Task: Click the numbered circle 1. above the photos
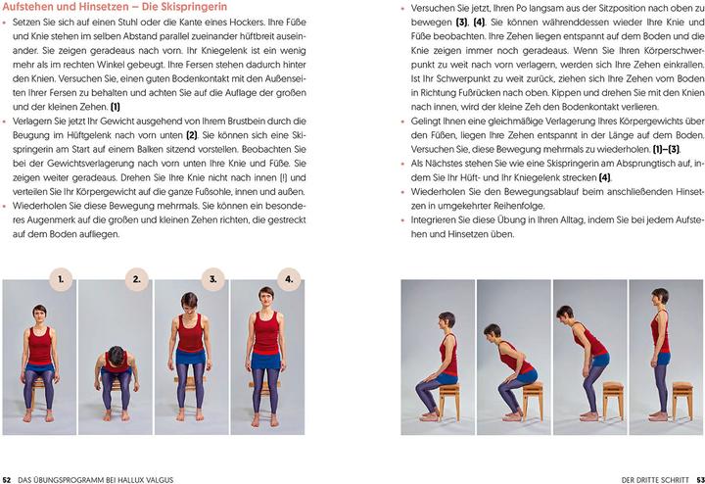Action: click(x=61, y=279)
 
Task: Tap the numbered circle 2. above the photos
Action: click(x=136, y=279)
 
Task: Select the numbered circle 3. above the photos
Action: click(x=212, y=279)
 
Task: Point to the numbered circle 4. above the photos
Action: click(x=288, y=279)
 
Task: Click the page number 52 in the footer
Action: click(x=8, y=477)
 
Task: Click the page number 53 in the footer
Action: click(x=696, y=477)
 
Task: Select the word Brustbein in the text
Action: click(x=252, y=120)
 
